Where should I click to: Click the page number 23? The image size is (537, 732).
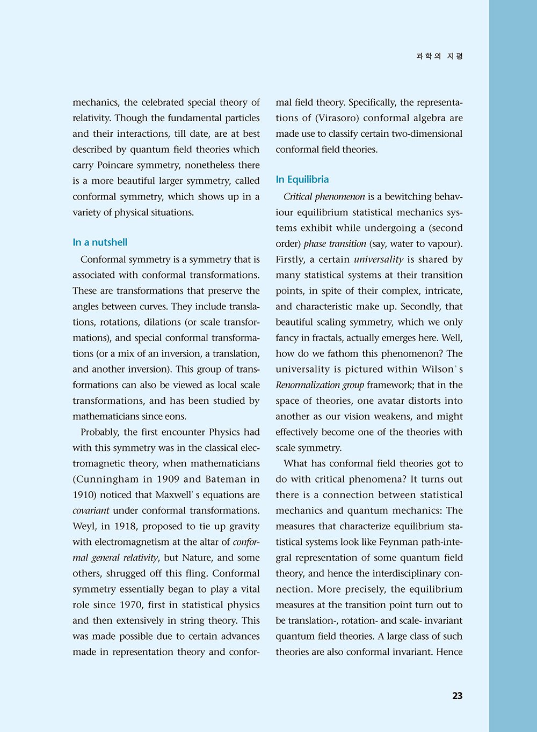[457, 696]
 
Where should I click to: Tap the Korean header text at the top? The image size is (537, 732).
[439, 56]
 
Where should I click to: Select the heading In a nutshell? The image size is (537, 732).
[100, 242]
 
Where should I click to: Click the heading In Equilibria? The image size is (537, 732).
[302, 180]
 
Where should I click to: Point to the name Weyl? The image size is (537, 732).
[83, 527]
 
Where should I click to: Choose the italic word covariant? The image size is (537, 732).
[91, 511]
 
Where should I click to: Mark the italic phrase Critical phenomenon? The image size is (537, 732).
[324, 197]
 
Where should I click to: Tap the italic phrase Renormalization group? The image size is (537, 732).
[320, 385]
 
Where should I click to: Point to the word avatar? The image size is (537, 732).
[379, 401]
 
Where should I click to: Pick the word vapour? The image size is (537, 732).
[444, 244]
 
